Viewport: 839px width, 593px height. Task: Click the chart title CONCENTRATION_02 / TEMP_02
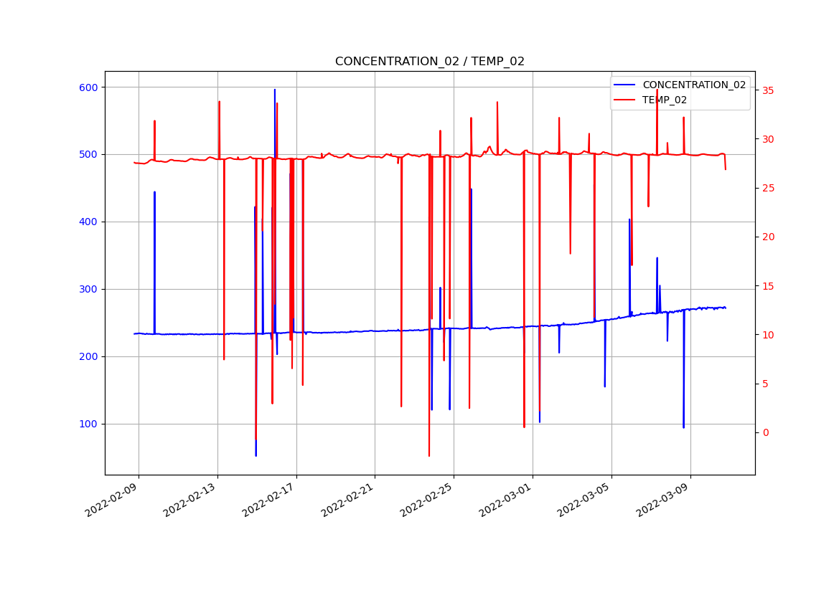(x=429, y=62)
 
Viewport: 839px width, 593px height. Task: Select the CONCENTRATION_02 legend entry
(x=693, y=85)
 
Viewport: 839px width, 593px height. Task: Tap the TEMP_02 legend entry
(x=664, y=100)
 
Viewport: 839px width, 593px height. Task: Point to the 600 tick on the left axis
(x=89, y=87)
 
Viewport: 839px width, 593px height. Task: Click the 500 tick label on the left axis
(x=89, y=155)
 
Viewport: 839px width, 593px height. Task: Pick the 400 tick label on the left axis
(x=89, y=222)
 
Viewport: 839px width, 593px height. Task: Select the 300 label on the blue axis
(x=89, y=290)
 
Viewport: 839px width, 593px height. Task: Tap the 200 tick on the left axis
(x=89, y=357)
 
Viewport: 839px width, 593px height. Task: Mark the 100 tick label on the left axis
(x=89, y=424)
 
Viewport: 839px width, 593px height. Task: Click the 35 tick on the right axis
(x=768, y=91)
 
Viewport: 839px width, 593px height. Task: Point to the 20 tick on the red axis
(x=768, y=237)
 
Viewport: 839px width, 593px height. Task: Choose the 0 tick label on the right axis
(x=765, y=432)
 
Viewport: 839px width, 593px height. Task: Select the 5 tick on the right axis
(x=765, y=384)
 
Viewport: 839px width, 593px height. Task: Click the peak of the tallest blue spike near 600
(x=274, y=90)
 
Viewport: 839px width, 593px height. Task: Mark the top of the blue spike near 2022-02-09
(x=154, y=192)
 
